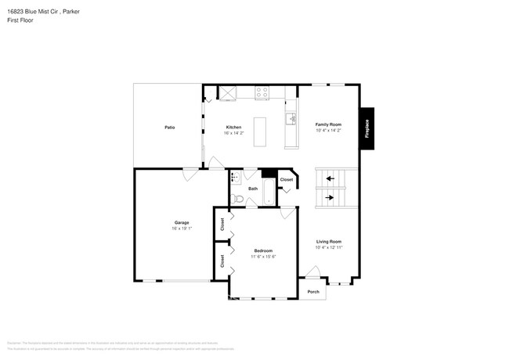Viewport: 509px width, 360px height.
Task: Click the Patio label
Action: (169, 127)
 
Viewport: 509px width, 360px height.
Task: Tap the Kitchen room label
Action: (234, 127)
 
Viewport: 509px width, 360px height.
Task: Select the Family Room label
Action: (329, 124)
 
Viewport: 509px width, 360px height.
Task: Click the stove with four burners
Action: (262, 92)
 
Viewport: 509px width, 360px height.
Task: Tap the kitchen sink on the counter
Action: (291, 119)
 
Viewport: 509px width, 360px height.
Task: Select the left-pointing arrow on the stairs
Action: (330, 178)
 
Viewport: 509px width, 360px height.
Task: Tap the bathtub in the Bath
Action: (268, 192)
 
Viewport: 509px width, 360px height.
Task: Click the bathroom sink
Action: (234, 178)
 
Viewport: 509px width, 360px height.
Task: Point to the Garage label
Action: (182, 223)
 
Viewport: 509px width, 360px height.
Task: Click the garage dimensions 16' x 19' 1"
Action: (182, 229)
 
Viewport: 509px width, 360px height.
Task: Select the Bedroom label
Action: (263, 250)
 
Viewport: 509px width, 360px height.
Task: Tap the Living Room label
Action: (329, 241)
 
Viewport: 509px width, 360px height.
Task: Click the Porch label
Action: (313, 292)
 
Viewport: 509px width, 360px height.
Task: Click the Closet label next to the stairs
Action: (287, 180)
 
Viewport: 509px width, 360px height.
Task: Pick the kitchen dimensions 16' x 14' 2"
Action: (234, 133)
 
